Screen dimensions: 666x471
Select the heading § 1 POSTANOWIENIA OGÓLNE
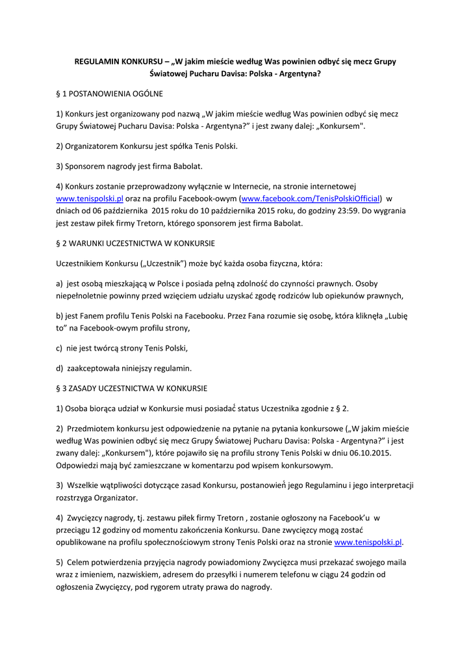110,94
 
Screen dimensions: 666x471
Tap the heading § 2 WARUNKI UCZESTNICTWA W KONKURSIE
136,243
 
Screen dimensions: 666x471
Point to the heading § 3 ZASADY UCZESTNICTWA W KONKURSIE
132,388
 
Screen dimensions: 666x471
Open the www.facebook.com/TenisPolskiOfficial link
311,198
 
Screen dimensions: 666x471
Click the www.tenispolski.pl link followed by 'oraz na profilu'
81,198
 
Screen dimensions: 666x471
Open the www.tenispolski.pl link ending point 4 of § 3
368,542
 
